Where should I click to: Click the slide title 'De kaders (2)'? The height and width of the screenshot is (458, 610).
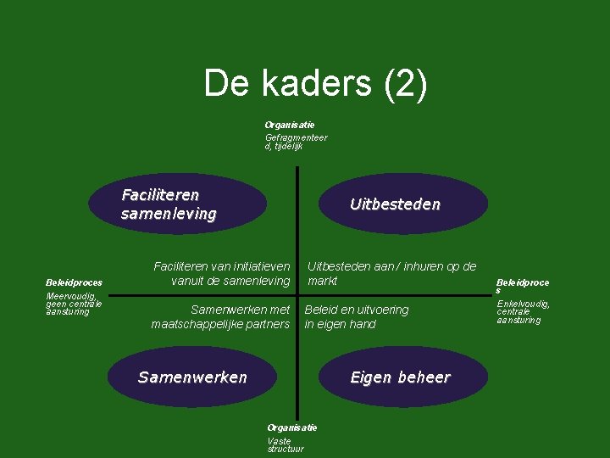coord(315,84)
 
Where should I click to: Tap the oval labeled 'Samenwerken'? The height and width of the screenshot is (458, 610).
coord(191,377)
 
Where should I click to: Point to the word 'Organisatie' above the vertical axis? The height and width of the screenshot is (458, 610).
coord(290,125)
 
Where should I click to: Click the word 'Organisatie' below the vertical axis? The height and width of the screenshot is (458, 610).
coord(292,427)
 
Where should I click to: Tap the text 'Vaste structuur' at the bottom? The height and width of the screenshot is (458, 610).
coord(286,444)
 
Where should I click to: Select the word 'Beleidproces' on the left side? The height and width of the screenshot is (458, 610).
coord(75,282)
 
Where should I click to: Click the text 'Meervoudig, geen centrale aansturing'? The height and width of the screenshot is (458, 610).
coord(74,304)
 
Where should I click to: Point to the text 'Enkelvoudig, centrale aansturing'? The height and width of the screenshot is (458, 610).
coord(523,311)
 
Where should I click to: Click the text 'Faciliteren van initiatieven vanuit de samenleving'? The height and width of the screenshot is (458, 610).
coord(222,273)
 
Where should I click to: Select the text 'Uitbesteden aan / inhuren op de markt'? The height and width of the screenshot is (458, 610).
coord(391,273)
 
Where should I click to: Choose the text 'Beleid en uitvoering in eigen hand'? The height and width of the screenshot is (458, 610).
coord(357,316)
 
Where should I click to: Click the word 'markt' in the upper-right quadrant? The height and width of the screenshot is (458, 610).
coord(323,281)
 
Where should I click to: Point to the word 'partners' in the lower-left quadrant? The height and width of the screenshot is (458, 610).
coord(268,324)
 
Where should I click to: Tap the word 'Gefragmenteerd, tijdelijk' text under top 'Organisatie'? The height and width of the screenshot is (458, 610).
coord(296,142)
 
